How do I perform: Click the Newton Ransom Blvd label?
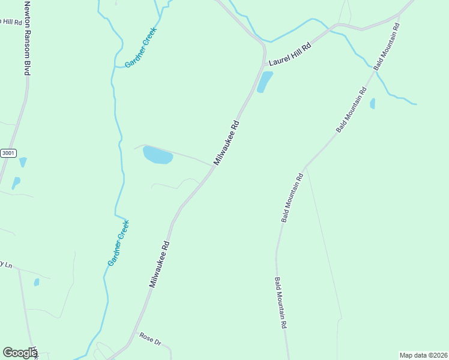click(x=27, y=37)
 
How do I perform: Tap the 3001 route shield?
click(x=8, y=153)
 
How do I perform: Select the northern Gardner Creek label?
click(x=140, y=47)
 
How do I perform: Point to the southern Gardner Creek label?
click(x=118, y=243)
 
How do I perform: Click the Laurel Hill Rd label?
click(x=290, y=54)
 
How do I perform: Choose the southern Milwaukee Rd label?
click(x=160, y=265)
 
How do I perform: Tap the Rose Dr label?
click(x=151, y=338)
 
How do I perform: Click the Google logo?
click(x=20, y=353)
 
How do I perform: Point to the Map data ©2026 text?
click(x=423, y=355)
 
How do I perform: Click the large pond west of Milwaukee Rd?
click(x=158, y=155)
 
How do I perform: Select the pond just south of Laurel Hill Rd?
click(x=265, y=82)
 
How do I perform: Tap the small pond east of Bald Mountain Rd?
click(x=373, y=103)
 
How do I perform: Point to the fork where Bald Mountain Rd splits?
click(x=305, y=167)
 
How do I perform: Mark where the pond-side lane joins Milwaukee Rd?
click(x=213, y=166)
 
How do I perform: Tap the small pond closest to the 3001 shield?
click(x=23, y=162)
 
